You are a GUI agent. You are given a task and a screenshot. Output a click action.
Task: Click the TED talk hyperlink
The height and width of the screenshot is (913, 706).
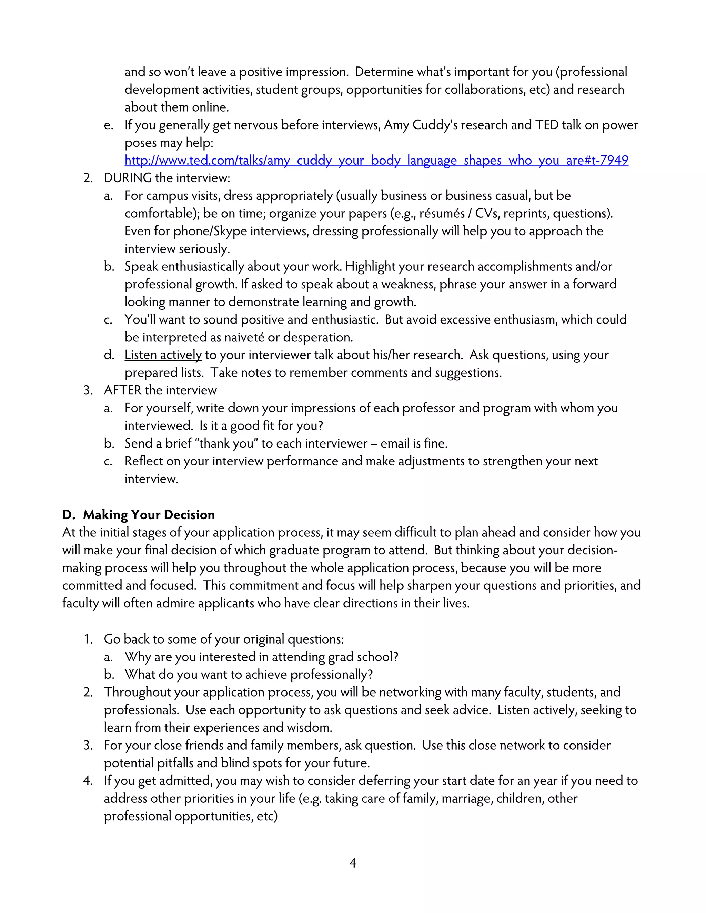tap(376, 161)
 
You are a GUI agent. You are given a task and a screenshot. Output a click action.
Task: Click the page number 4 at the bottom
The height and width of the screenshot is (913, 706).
tap(353, 862)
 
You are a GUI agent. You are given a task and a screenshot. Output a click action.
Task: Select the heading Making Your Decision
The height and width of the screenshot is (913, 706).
tap(149, 515)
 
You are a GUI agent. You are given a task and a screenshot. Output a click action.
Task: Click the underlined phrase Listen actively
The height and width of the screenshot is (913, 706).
tap(163, 355)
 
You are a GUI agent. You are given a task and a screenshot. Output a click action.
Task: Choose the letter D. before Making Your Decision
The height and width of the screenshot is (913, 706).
tap(69, 515)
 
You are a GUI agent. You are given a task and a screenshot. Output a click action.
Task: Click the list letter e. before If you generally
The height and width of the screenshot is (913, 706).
tap(108, 125)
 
